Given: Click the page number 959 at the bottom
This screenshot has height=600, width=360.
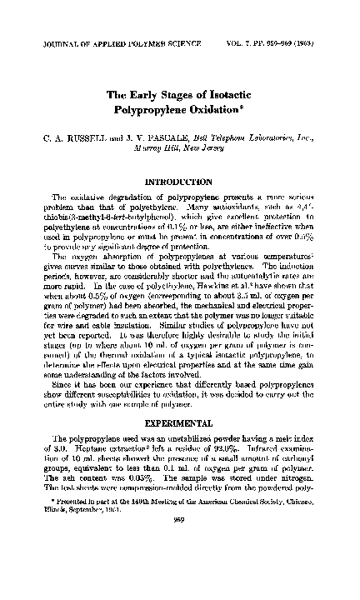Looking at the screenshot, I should click(180, 542).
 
